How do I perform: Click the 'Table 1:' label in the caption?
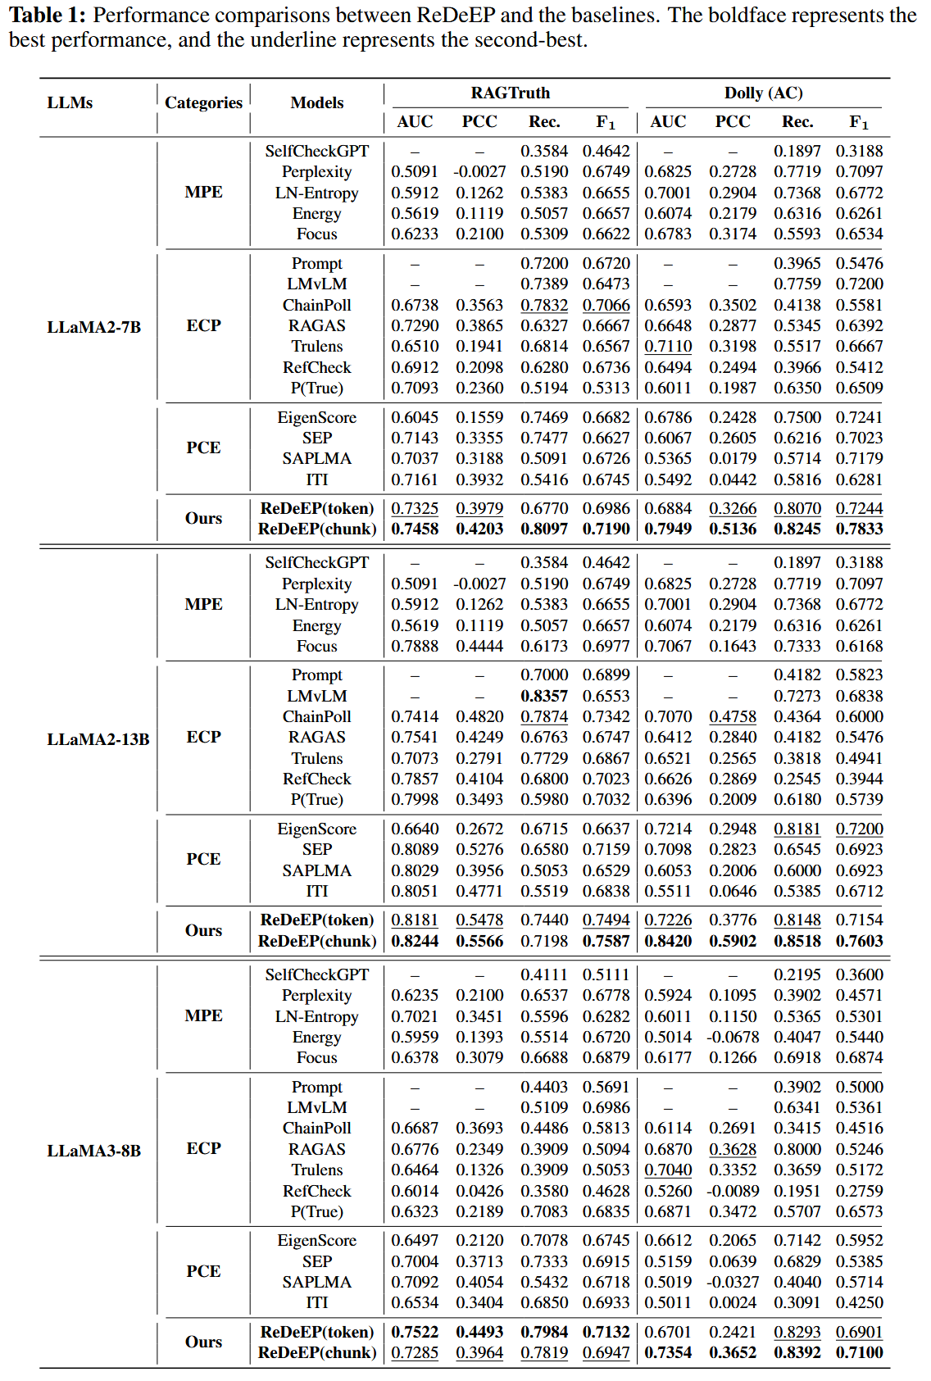47,16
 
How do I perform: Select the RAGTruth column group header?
510,93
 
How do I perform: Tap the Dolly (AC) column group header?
763,93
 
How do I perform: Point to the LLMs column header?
70,102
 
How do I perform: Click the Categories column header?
203,102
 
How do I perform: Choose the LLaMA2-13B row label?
98,738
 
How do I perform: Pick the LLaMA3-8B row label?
93,1150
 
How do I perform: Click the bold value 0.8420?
668,941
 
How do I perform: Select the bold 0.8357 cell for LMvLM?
544,696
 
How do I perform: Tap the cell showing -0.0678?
733,1037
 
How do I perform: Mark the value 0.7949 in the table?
668,529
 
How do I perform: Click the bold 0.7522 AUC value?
415,1332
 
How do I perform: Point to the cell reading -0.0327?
733,1282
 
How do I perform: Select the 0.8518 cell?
797,941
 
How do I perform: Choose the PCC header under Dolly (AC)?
733,121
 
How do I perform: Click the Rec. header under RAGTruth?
544,121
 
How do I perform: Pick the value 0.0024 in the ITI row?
733,1302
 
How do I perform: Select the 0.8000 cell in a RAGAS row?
797,1149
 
